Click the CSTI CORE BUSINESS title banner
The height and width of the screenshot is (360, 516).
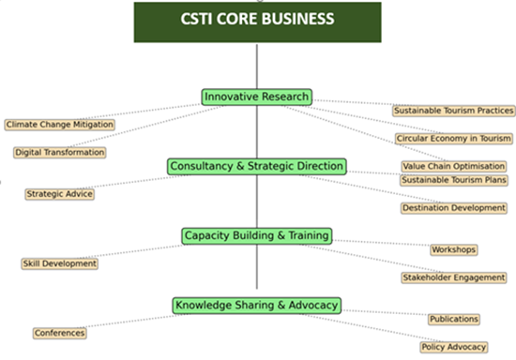point(257,21)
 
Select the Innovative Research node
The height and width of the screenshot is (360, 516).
point(256,97)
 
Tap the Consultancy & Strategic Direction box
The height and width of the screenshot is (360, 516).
point(256,166)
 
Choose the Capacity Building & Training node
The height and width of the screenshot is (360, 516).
point(256,235)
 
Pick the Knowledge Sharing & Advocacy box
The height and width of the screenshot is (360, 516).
point(256,305)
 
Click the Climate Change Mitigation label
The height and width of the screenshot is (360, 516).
point(59,124)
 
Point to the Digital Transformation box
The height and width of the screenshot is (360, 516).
point(59,152)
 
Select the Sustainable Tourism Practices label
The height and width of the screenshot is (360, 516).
point(453,111)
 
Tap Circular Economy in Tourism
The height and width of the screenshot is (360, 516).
point(453,139)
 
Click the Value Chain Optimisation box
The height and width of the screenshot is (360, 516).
point(453,166)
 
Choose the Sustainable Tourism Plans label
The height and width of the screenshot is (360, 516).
point(453,179)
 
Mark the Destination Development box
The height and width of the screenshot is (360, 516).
point(453,207)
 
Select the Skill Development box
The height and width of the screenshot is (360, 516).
point(59,263)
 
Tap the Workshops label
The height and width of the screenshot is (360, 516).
point(453,249)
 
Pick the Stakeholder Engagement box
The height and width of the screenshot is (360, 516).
point(453,277)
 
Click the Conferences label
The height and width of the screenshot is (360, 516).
point(59,333)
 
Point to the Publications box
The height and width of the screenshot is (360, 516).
point(453,319)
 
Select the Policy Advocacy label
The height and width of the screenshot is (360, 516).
point(453,347)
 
